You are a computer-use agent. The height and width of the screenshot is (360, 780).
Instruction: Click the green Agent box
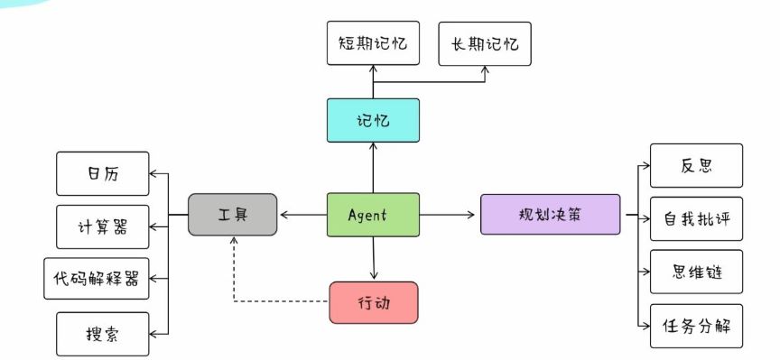pos(372,215)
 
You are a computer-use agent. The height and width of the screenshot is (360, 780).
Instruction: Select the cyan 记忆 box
pos(373,120)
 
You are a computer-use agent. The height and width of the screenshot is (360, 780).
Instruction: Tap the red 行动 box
pos(373,302)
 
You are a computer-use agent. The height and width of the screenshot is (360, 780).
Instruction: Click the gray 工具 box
pos(232,215)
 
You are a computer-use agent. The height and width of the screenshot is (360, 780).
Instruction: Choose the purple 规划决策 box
pos(550,215)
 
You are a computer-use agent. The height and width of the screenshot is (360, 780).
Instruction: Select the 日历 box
pos(102,174)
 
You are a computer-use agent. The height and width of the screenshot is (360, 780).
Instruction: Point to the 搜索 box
pos(102,333)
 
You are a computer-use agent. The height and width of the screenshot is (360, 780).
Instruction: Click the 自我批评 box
pos(697,218)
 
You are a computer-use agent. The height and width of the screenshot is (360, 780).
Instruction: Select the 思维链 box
pos(697,272)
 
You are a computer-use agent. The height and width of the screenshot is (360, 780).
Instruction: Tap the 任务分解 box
pos(697,326)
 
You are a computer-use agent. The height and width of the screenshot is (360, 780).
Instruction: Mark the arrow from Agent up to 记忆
pos(373,168)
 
